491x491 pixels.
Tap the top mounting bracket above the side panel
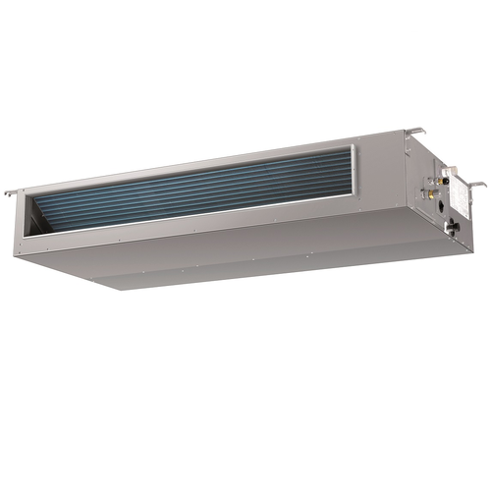point(415,132)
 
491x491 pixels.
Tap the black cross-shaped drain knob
point(451,227)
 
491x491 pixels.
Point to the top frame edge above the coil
point(196,163)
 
